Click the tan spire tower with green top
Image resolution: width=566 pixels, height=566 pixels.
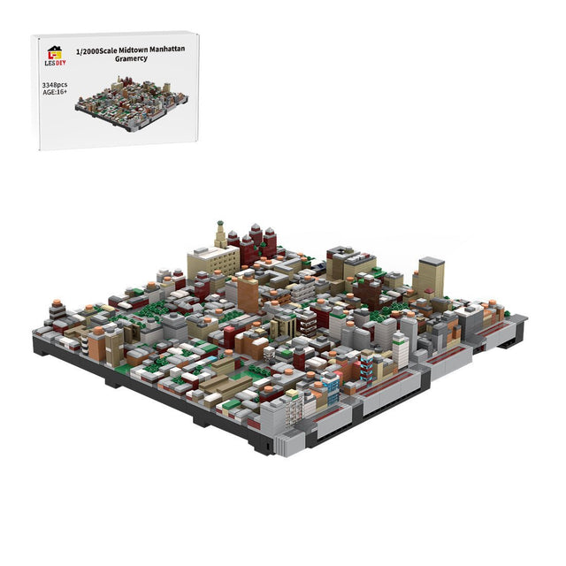pos(220,234)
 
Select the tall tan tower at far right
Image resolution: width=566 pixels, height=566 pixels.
pos(429,276)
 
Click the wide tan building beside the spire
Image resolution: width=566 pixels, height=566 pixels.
pos(212,261)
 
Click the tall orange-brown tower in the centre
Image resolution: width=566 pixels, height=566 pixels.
pos(249,294)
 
